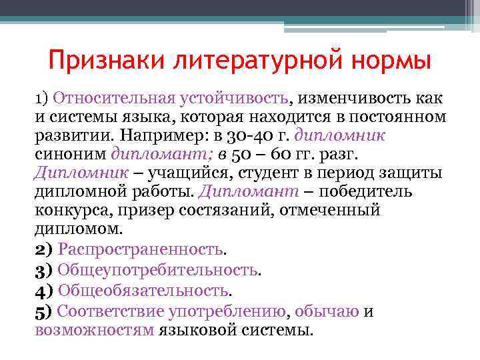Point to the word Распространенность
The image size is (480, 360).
pos(141,249)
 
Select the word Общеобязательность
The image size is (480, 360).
pos(143,291)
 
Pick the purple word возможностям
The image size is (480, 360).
pos(94,329)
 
